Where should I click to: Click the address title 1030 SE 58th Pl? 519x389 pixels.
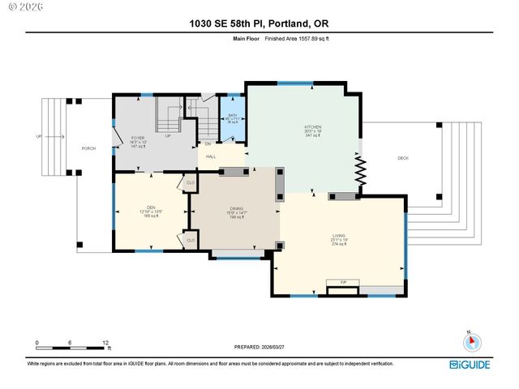click(259, 24)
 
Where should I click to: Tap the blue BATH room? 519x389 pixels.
click(233, 119)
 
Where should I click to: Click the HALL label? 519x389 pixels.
click(211, 156)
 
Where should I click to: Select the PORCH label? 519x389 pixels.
click(89, 148)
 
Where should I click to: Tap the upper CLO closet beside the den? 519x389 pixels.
click(191, 182)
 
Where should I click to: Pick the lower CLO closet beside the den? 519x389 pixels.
click(191, 240)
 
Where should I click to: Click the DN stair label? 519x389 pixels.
click(208, 144)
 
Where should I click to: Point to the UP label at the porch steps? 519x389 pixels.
click(38, 136)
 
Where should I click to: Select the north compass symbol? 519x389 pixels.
click(468, 341)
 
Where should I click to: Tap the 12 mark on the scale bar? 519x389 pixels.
click(105, 343)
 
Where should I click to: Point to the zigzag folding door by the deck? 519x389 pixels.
click(362, 172)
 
